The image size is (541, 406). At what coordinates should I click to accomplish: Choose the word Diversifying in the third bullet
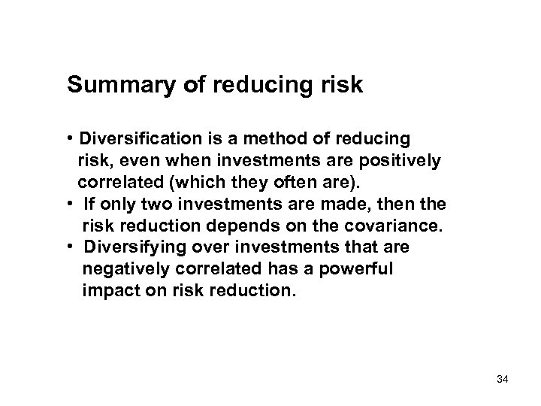[135, 247]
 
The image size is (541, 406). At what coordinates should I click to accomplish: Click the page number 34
[503, 382]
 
